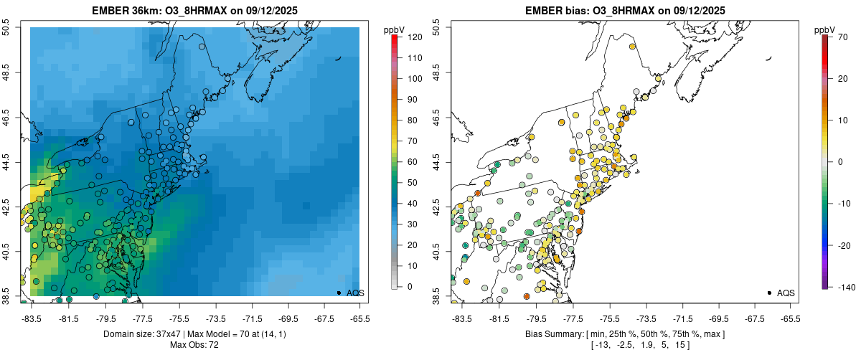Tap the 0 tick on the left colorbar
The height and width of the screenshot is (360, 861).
(409, 287)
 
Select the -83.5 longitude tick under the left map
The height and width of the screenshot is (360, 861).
(32, 318)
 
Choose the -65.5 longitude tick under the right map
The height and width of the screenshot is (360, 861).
(790, 318)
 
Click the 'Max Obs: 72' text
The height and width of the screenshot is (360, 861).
(195, 345)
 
